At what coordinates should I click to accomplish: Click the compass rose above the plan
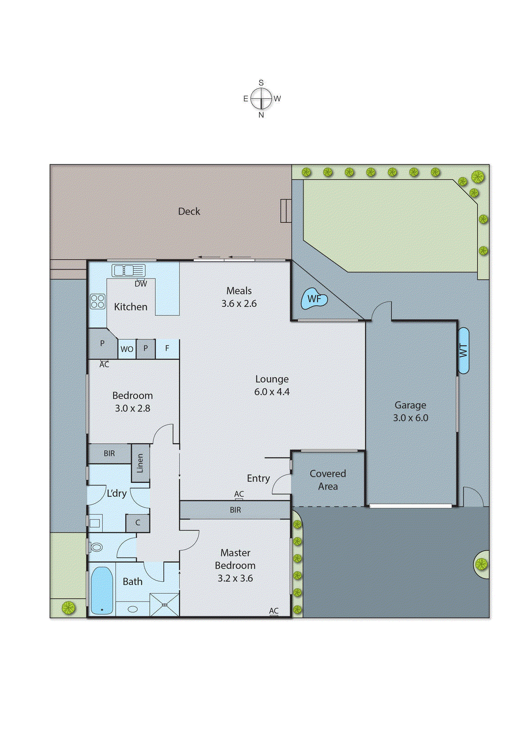[x=261, y=99]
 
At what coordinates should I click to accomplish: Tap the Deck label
[x=189, y=211]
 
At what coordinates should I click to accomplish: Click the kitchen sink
[x=129, y=270]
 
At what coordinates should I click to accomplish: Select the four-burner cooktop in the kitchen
[x=98, y=301]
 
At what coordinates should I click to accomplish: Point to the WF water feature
[x=314, y=299]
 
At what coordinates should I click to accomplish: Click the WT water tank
[x=463, y=351]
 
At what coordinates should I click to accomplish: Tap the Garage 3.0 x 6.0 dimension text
[x=410, y=418]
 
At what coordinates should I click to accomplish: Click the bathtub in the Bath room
[x=102, y=590]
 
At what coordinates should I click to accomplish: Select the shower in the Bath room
[x=165, y=604]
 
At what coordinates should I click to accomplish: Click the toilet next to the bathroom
[x=96, y=547]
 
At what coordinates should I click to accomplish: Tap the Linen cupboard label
[x=140, y=463]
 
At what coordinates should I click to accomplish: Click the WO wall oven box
[x=127, y=349]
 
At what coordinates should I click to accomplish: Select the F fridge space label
[x=167, y=348]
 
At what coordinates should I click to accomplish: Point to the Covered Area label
[x=327, y=480]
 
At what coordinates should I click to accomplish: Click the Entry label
[x=258, y=478]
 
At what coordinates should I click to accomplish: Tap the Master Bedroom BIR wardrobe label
[x=235, y=510]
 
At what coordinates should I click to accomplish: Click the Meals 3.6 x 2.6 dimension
[x=239, y=303]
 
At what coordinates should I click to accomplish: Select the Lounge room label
[x=271, y=379]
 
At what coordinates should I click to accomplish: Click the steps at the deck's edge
[x=286, y=211]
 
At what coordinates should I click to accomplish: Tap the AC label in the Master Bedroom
[x=274, y=611]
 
